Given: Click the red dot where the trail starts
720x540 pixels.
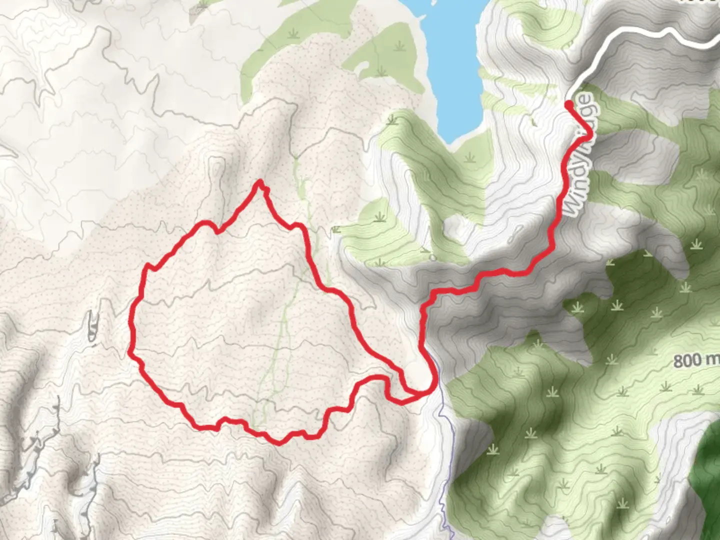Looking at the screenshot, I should click(569, 104).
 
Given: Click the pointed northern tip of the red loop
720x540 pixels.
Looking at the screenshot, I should click(259, 182).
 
